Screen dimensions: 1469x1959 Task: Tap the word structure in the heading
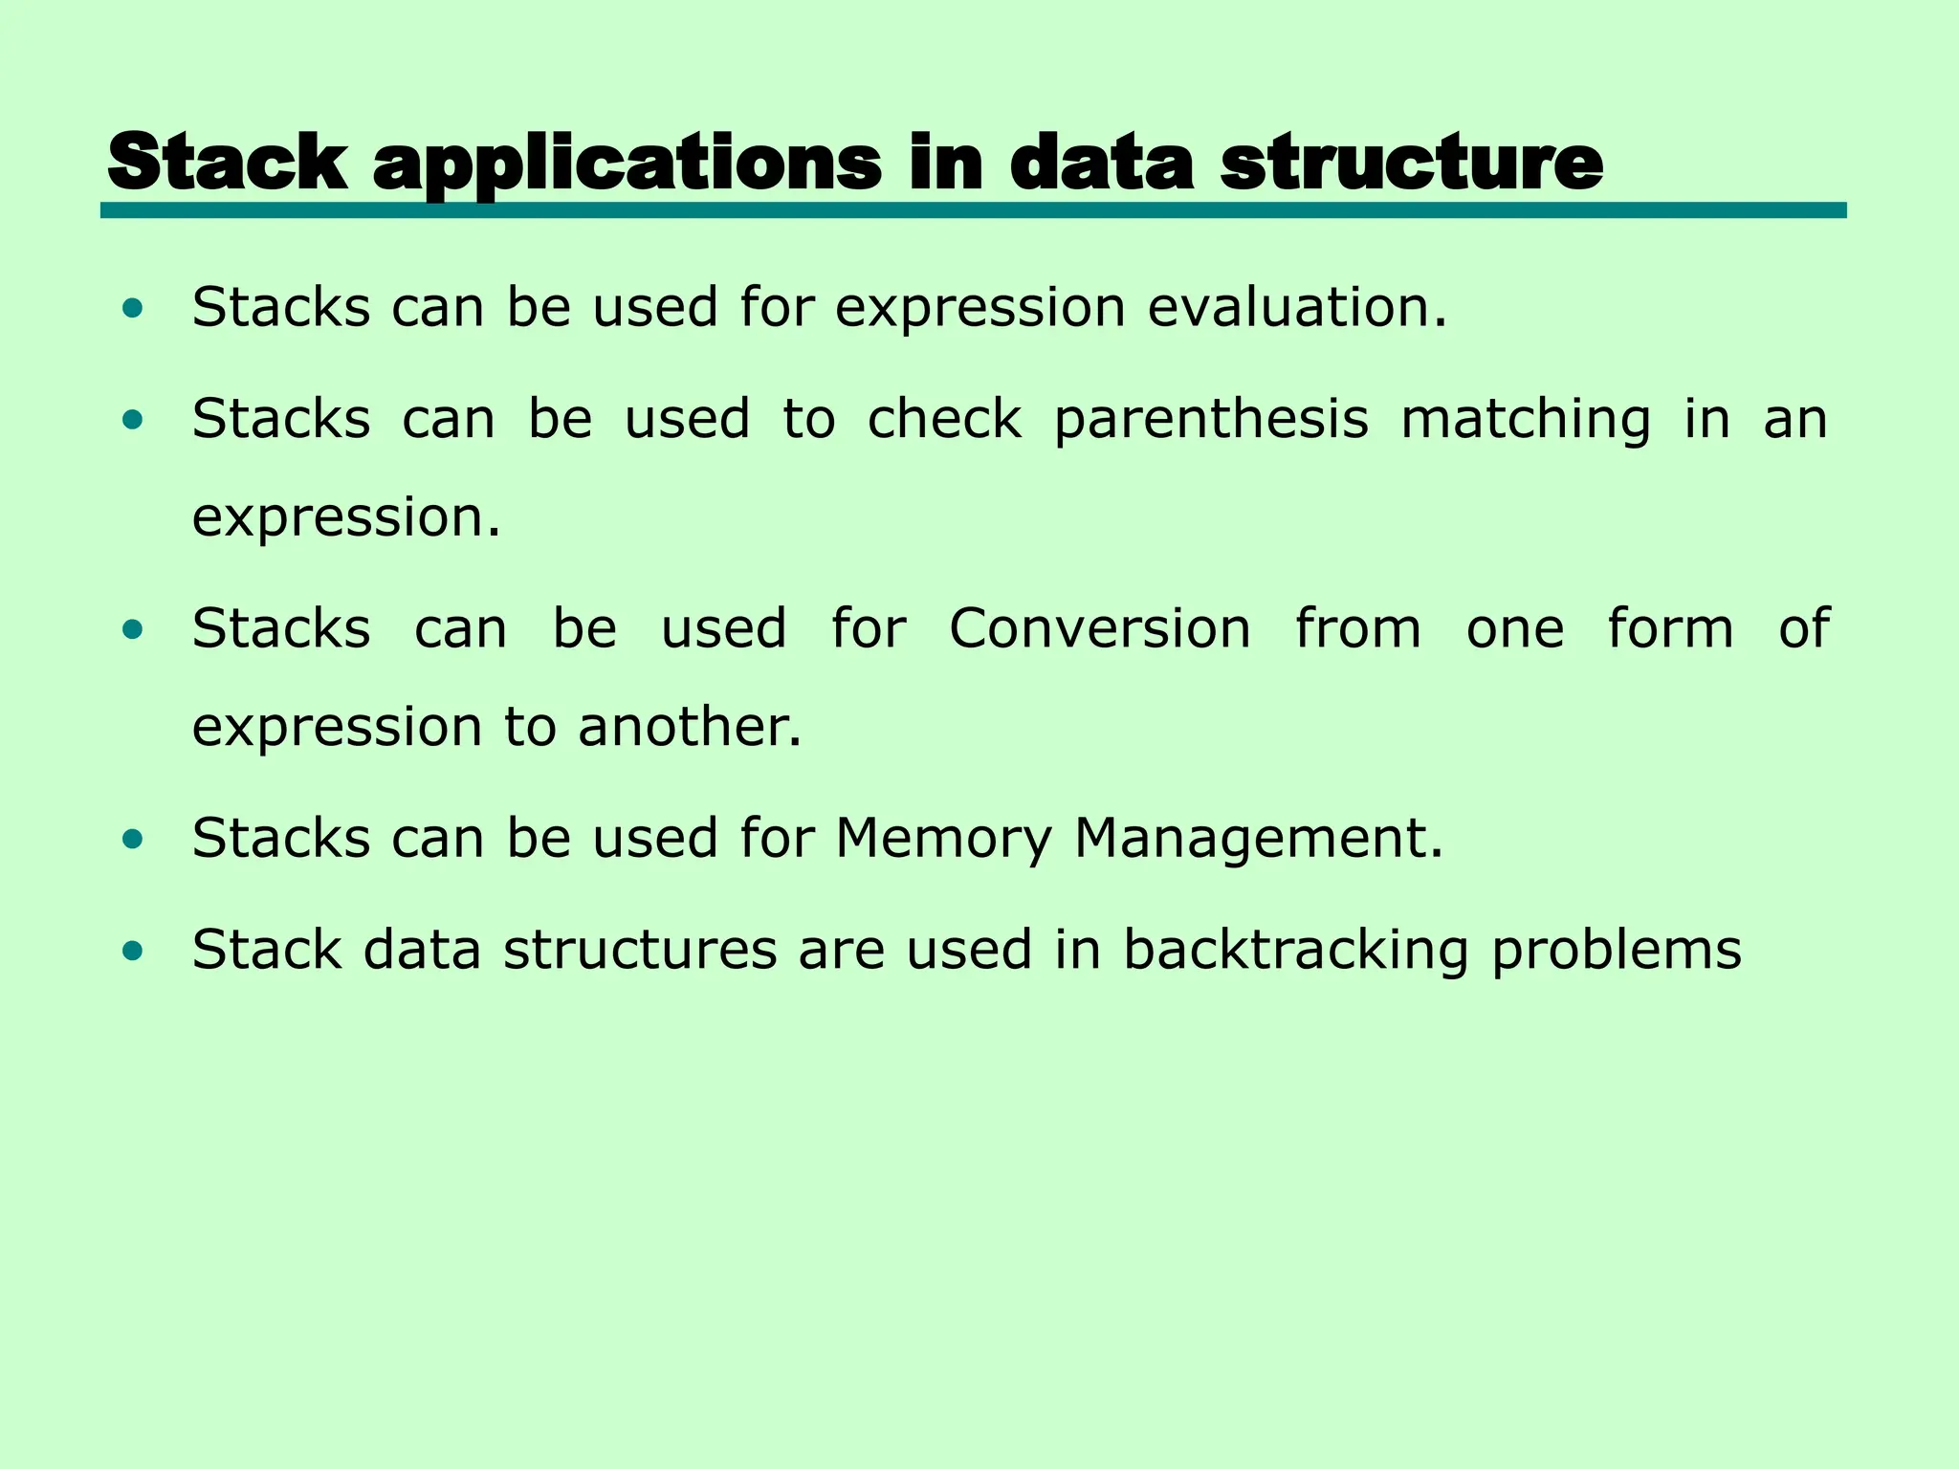tap(1411, 163)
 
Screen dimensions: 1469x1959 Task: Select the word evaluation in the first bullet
tap(1297, 308)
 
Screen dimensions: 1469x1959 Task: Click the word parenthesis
tap(1211, 421)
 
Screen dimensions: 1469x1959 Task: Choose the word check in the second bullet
tap(944, 420)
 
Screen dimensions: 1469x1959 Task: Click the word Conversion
tap(1100, 629)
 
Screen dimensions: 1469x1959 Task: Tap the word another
tap(689, 727)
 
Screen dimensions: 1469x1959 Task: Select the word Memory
tap(942, 840)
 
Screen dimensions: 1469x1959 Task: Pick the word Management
tap(1258, 840)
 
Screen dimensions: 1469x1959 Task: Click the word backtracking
tap(1295, 951)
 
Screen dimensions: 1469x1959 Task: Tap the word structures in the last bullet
tap(640, 951)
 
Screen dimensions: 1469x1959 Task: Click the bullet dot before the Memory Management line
tap(133, 840)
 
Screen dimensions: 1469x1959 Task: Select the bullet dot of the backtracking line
tap(133, 952)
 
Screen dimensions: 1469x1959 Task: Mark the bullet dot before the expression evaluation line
tap(133, 308)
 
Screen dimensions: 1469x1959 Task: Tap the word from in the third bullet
tap(1357, 629)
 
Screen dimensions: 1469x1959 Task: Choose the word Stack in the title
tap(228, 163)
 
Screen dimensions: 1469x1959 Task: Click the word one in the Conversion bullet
tap(1515, 629)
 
